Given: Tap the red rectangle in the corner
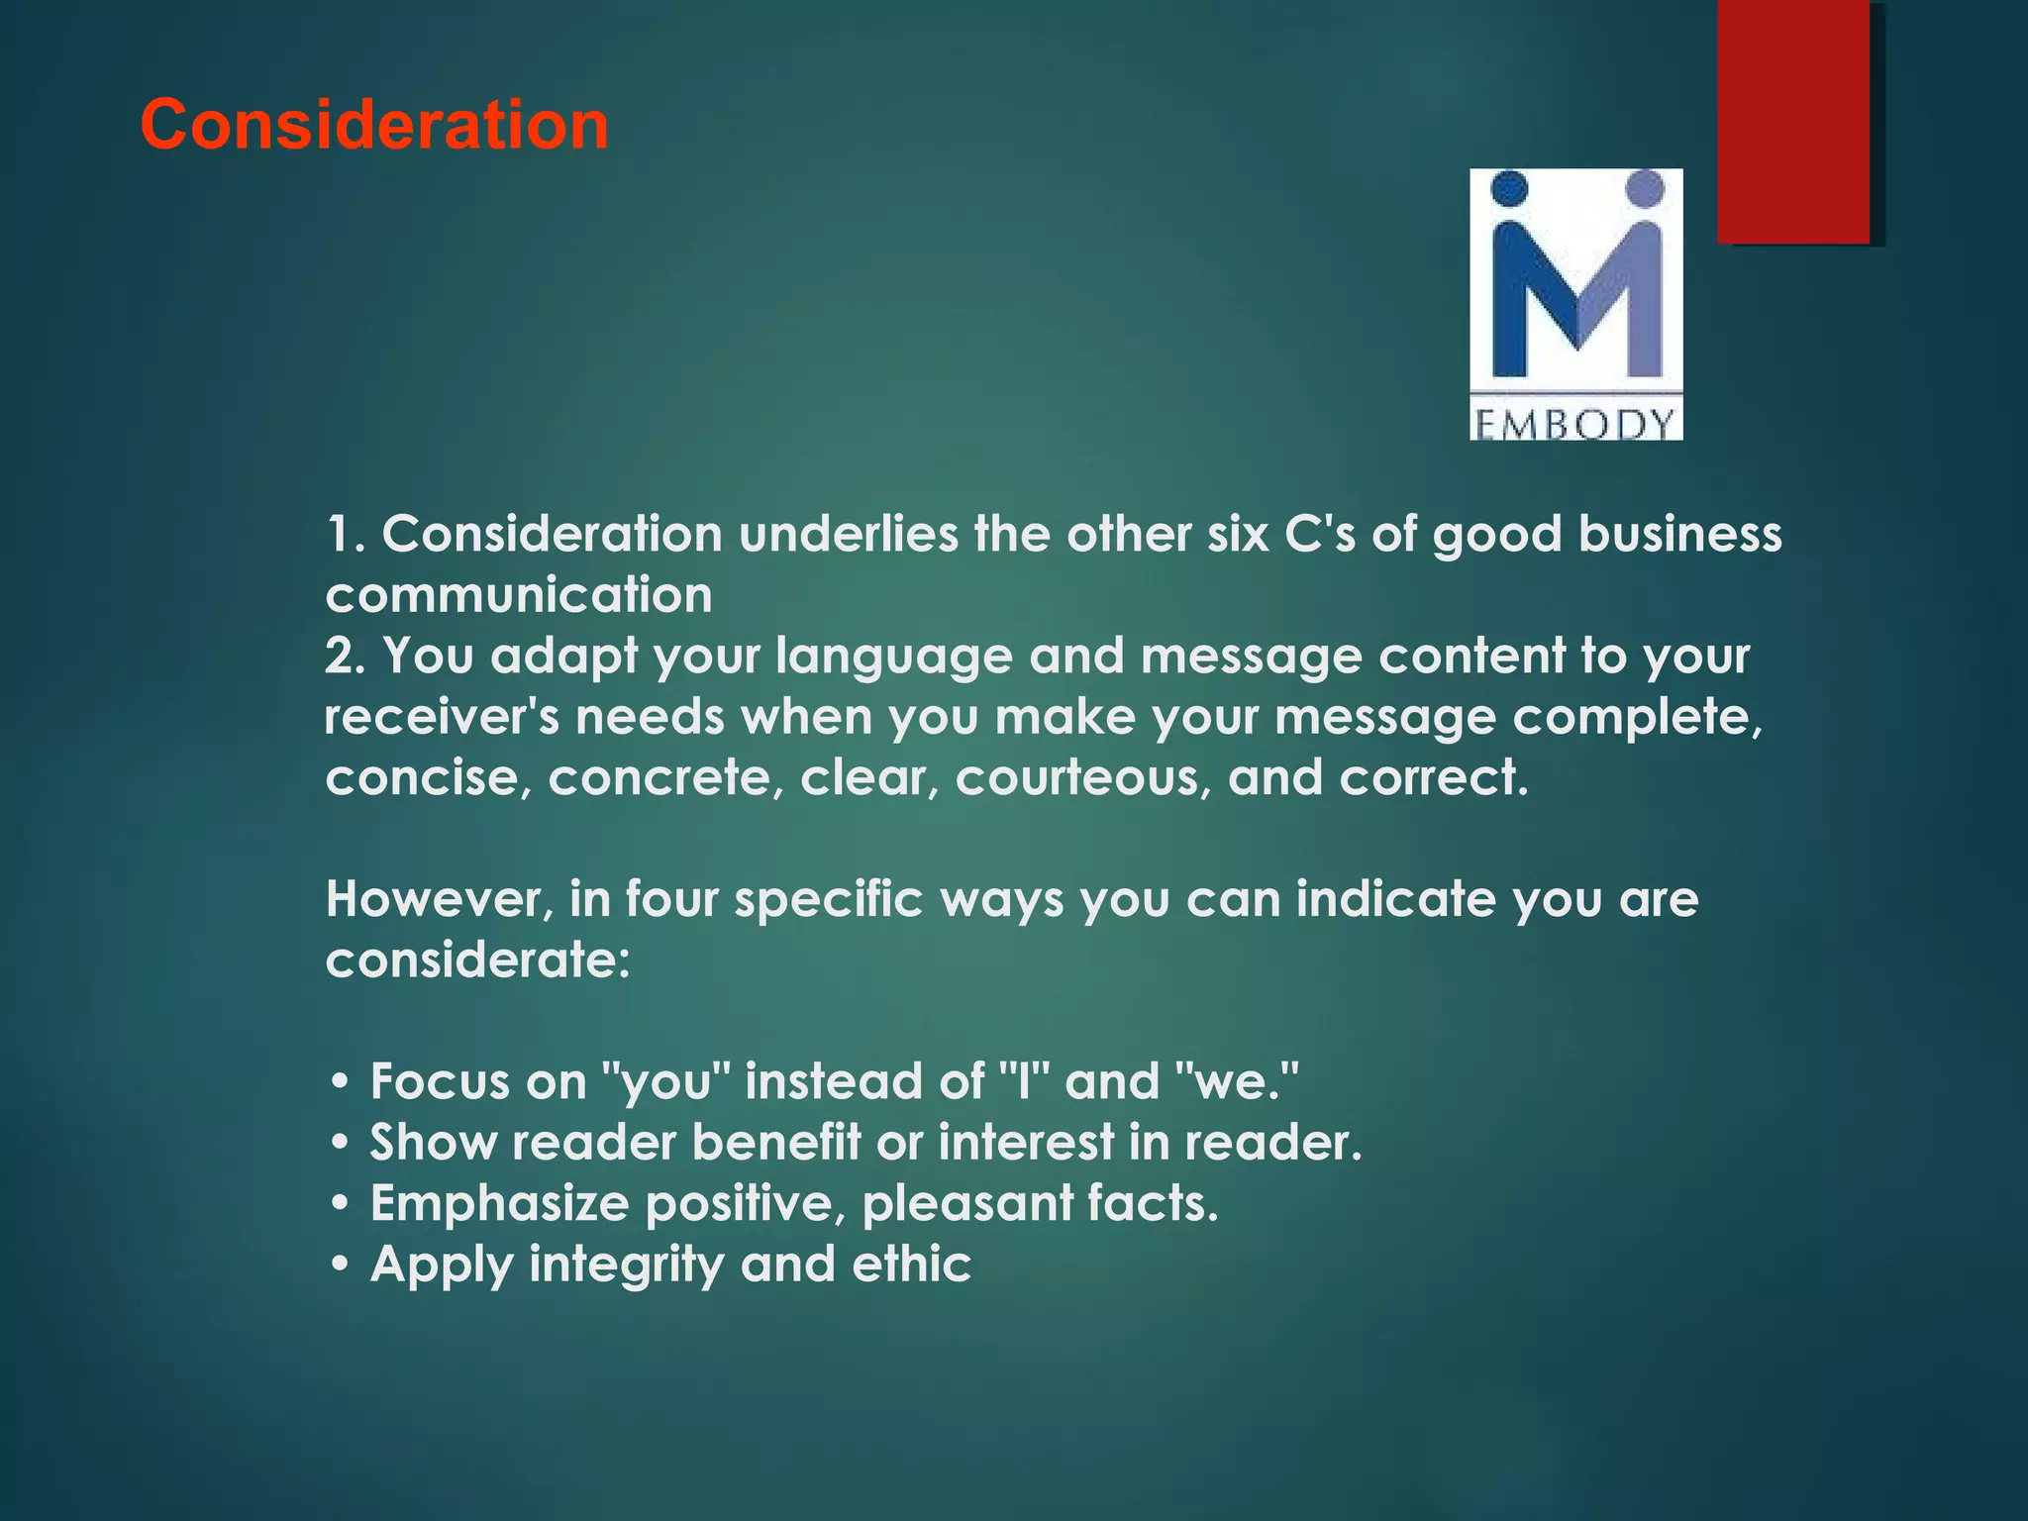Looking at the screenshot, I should [x=1793, y=121].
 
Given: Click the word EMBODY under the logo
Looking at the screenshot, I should [x=1575, y=425].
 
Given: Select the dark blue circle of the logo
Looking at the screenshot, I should [x=1509, y=188].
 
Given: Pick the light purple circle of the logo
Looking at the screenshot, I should [x=1645, y=188].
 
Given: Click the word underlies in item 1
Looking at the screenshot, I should [x=848, y=534].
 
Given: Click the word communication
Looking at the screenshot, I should [x=519, y=595].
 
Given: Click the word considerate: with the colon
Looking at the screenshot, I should [x=477, y=960].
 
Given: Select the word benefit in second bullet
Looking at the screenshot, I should [x=776, y=1143].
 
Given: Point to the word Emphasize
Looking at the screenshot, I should [x=499, y=1204].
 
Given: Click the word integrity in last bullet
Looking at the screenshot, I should [x=626, y=1266].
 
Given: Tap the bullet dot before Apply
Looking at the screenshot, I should [x=340, y=1266].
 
